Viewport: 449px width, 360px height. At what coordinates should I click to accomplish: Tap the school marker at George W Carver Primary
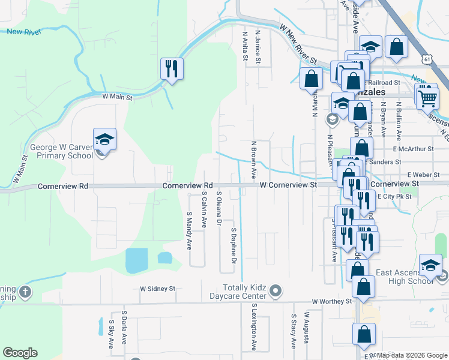point(104,140)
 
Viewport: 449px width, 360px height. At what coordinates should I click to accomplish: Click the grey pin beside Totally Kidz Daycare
point(276,292)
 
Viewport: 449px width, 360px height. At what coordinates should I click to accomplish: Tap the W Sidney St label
point(157,289)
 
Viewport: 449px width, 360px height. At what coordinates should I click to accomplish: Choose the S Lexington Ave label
point(254,327)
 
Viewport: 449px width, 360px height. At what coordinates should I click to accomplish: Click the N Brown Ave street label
point(254,160)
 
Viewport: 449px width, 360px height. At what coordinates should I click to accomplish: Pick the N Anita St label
point(246,46)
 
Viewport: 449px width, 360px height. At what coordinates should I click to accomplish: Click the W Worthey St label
point(331,301)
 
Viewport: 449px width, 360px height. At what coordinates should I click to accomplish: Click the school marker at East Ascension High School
point(431,265)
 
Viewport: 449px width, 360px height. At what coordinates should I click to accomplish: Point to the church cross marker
point(25,292)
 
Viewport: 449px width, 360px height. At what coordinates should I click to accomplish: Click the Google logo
point(20,353)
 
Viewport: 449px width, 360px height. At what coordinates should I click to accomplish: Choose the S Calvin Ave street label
point(204,212)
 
